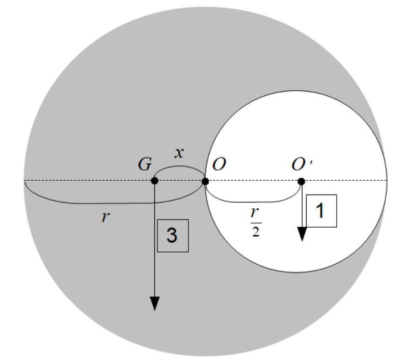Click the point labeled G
coord(154,181)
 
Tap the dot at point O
coord(205,181)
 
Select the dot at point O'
coord(301,181)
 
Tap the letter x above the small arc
coord(179,153)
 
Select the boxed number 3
coord(173,236)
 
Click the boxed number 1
coord(321,211)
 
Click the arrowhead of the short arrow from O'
coord(302,234)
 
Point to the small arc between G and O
coord(179,168)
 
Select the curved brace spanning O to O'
coord(253,201)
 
